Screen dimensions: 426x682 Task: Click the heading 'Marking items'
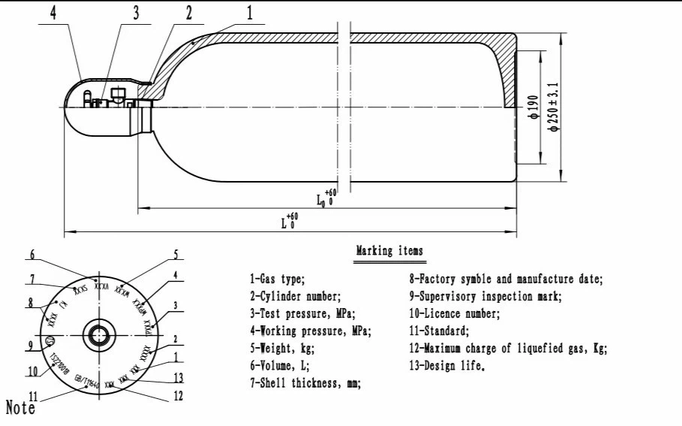pyautogui.click(x=389, y=251)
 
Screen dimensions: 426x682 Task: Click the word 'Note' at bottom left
pyautogui.click(x=20, y=408)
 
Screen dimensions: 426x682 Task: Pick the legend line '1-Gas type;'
pyautogui.click(x=278, y=279)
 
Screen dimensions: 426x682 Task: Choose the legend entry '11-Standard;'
pyautogui.click(x=439, y=331)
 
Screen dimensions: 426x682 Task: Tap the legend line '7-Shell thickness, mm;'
pyautogui.click(x=305, y=383)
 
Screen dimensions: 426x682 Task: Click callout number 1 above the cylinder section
pyautogui.click(x=250, y=13)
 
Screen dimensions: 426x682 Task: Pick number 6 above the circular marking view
pyautogui.click(x=32, y=254)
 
